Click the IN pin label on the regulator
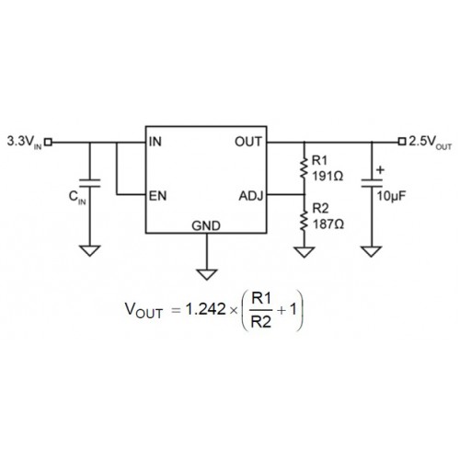pos(155,142)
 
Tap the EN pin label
pos(157,196)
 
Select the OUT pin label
pos(248,142)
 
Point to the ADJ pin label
pos(251,196)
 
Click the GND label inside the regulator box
pos(206,226)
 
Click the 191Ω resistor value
pos(328,177)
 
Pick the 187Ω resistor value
pos(328,224)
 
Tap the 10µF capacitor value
pos(391,196)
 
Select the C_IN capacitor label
pos(77,197)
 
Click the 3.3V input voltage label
pos(25,143)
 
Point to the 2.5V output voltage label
pos(431,143)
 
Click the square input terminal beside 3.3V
pos(48,142)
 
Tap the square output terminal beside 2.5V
pos(402,142)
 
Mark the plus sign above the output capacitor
pos(380,169)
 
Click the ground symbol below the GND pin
pos(207,274)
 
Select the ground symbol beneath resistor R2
pos(305,252)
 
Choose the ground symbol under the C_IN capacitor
pos(90,250)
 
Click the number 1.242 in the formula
pos(206,309)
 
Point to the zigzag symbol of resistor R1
pos(304,167)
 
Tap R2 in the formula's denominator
pos(261,322)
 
